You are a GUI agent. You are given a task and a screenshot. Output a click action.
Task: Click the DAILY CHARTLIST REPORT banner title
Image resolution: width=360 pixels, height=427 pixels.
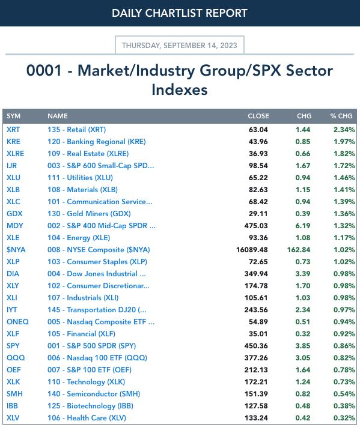click(x=180, y=13)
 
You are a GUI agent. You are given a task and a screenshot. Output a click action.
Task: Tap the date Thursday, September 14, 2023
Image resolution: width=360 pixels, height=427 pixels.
click(x=180, y=45)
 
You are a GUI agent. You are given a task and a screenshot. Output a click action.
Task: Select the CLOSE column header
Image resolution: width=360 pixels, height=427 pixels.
click(x=258, y=116)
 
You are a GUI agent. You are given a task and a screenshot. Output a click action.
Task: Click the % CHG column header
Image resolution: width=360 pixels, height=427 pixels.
click(x=341, y=116)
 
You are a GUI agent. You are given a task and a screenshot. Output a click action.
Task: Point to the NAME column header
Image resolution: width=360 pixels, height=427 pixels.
click(x=58, y=116)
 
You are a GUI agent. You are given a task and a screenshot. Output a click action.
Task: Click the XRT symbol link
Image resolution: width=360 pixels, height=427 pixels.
click(x=13, y=129)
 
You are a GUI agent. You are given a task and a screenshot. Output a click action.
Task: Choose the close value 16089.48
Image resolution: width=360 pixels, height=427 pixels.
click(x=252, y=250)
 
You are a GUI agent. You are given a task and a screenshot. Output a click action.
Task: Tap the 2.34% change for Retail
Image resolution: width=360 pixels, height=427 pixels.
click(x=344, y=129)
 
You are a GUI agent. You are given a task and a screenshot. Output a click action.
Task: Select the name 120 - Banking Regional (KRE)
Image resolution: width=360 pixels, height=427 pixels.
click(x=97, y=142)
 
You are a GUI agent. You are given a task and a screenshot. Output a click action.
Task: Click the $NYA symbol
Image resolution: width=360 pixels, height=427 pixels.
click(x=16, y=250)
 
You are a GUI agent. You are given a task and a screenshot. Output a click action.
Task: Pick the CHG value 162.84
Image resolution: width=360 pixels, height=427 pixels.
click(x=299, y=250)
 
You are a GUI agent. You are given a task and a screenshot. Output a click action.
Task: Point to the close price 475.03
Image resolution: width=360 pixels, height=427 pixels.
click(x=256, y=226)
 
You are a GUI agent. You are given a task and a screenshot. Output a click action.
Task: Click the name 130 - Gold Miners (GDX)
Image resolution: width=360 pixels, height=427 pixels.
click(x=89, y=214)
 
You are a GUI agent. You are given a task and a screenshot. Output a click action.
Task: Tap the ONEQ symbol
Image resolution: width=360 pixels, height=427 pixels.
click(x=17, y=322)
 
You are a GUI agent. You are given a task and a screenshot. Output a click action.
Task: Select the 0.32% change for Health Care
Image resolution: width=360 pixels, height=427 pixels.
click(x=344, y=418)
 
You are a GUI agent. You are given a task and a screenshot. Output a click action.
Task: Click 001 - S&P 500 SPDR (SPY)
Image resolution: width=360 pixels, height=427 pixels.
click(x=91, y=346)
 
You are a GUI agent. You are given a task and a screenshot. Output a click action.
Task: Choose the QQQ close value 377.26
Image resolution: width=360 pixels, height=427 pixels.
click(x=256, y=358)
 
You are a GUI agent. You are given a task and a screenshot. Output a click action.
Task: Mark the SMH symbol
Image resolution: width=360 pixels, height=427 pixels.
click(x=14, y=394)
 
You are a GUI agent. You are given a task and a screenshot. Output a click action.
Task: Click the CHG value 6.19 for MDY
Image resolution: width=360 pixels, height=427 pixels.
click(x=303, y=226)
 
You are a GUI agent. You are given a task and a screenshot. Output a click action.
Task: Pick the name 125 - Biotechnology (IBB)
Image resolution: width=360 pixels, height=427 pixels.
click(x=90, y=406)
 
